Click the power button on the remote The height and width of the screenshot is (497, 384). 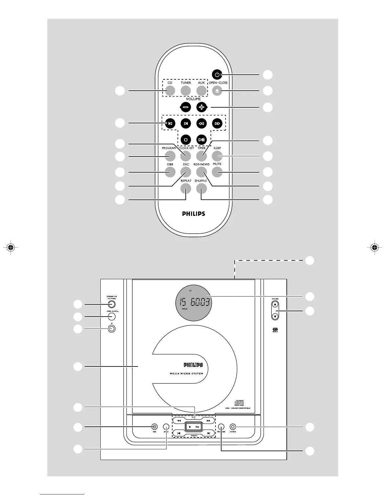point(217,75)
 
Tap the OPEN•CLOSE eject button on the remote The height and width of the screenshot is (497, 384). point(217,91)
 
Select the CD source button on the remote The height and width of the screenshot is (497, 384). point(170,91)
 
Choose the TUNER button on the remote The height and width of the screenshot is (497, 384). point(186,91)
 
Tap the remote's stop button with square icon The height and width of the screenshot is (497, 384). point(186,139)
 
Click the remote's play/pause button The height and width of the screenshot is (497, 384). point(201,139)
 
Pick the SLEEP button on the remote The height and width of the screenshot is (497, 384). point(217,156)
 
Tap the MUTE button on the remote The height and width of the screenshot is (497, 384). point(217,172)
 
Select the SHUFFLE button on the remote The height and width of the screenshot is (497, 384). point(201,188)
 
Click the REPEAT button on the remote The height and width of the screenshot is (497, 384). point(186,188)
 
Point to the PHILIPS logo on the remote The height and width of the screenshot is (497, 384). point(194,214)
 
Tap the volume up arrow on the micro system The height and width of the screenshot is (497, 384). point(275,304)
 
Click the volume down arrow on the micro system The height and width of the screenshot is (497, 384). point(275,316)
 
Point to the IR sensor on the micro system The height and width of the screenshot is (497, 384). point(111,329)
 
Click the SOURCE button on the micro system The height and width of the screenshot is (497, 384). point(232,426)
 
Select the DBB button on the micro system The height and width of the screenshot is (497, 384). point(154,426)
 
